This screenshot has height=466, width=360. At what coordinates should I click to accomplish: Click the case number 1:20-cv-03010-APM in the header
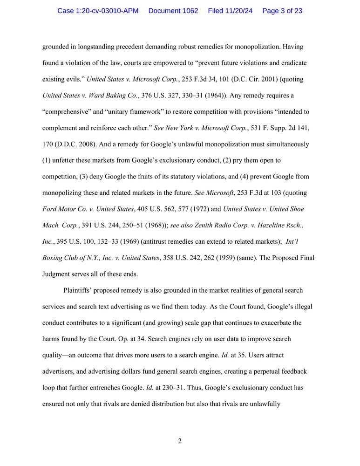point(98,11)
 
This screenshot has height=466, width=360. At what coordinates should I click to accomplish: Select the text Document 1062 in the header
point(173,11)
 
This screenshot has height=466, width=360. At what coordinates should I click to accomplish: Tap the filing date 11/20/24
point(237,11)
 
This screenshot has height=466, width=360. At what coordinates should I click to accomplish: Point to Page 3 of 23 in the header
point(282,11)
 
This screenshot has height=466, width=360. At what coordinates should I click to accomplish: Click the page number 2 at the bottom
point(180,441)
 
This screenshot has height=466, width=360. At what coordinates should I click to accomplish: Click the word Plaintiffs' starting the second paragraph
point(79,290)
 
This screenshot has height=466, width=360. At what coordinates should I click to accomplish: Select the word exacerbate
point(272,323)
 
